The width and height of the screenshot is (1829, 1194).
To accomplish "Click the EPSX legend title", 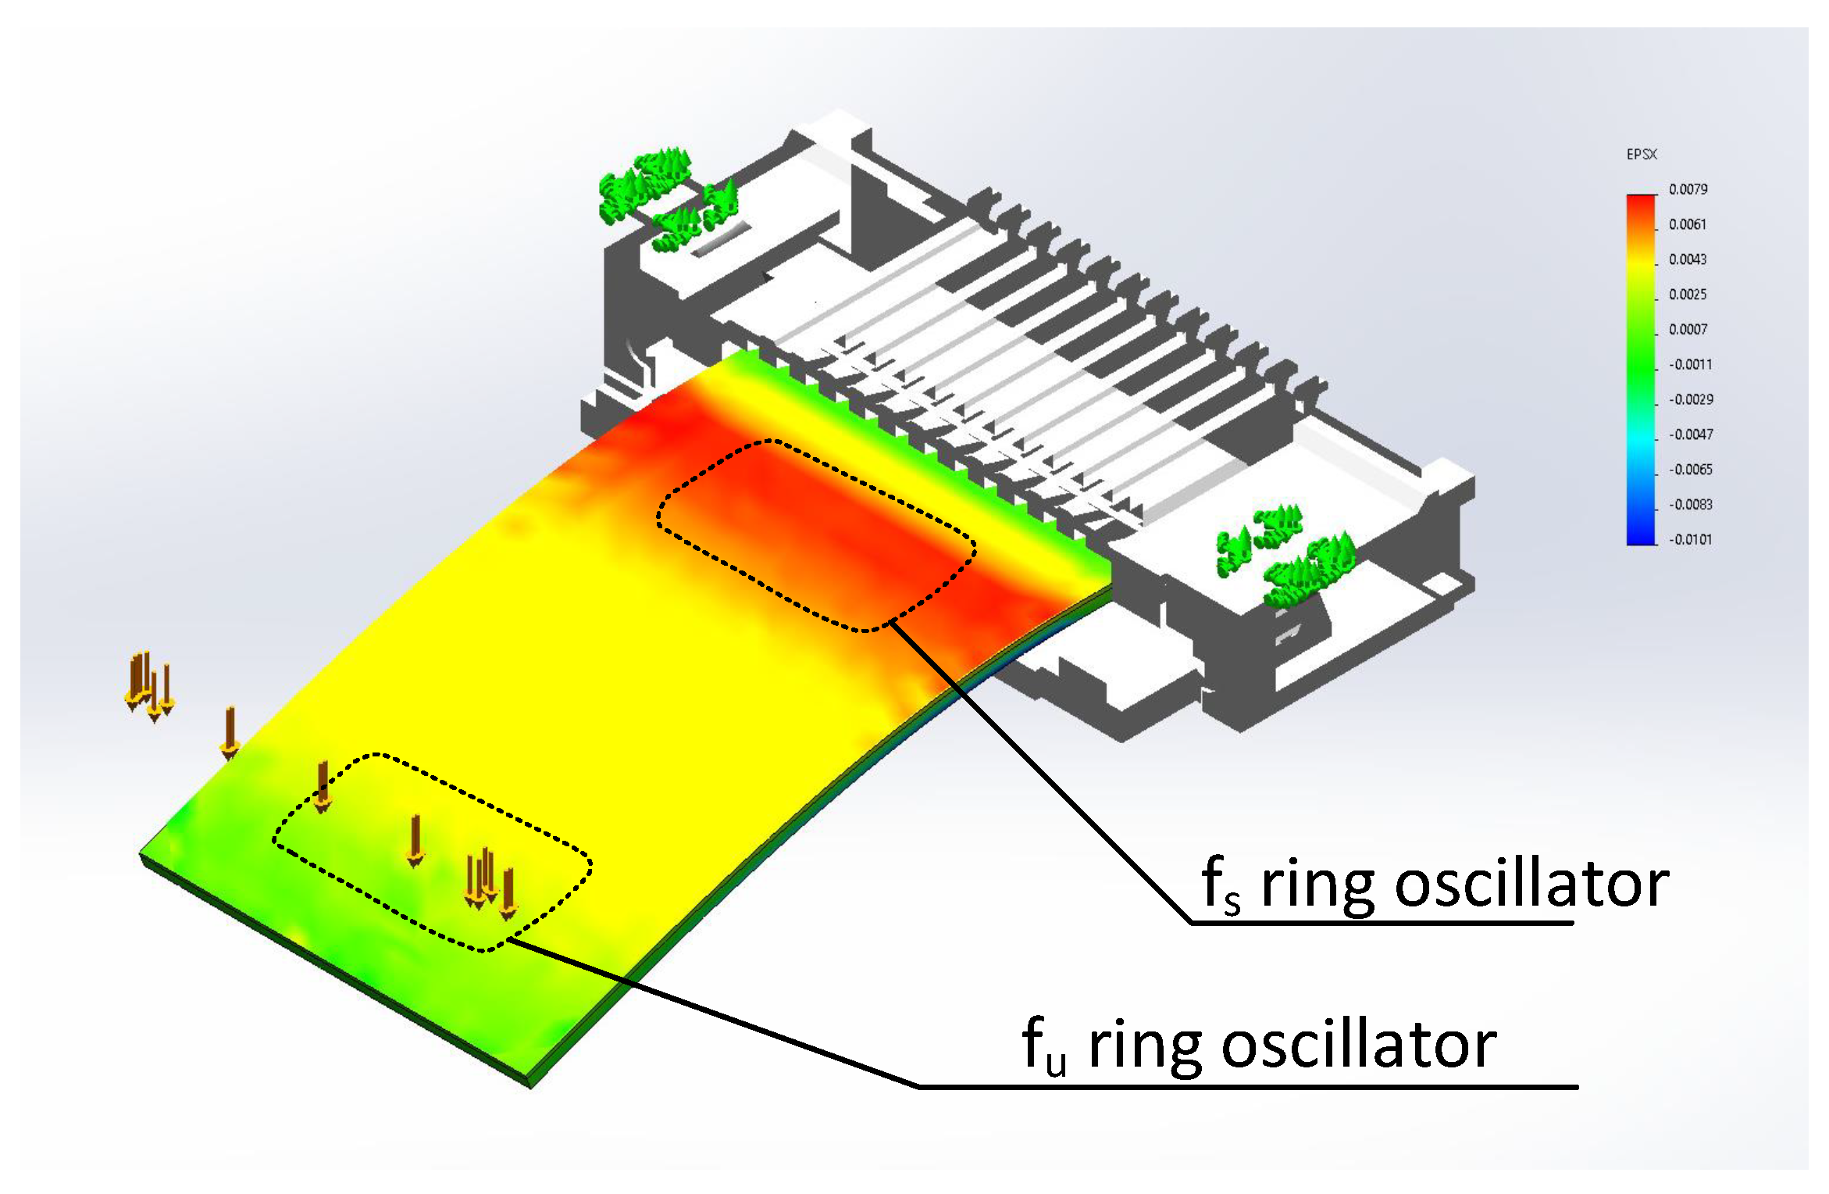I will [1641, 155].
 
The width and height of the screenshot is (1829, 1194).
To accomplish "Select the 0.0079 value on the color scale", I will [1688, 190].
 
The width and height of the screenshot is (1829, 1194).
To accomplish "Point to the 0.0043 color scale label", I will [1688, 259].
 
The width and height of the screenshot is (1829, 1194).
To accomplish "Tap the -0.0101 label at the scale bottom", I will [1690, 540].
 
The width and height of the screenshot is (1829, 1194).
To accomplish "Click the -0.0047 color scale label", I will [1690, 434].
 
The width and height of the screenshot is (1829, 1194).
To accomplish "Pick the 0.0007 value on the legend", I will [1688, 330].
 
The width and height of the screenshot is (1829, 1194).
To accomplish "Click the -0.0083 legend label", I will [1690, 505].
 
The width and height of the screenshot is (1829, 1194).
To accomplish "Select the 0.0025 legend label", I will [1688, 295].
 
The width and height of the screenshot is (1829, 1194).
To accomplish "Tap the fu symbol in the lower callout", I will [1044, 1046].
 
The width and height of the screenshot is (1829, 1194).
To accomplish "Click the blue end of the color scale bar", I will [1640, 535].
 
